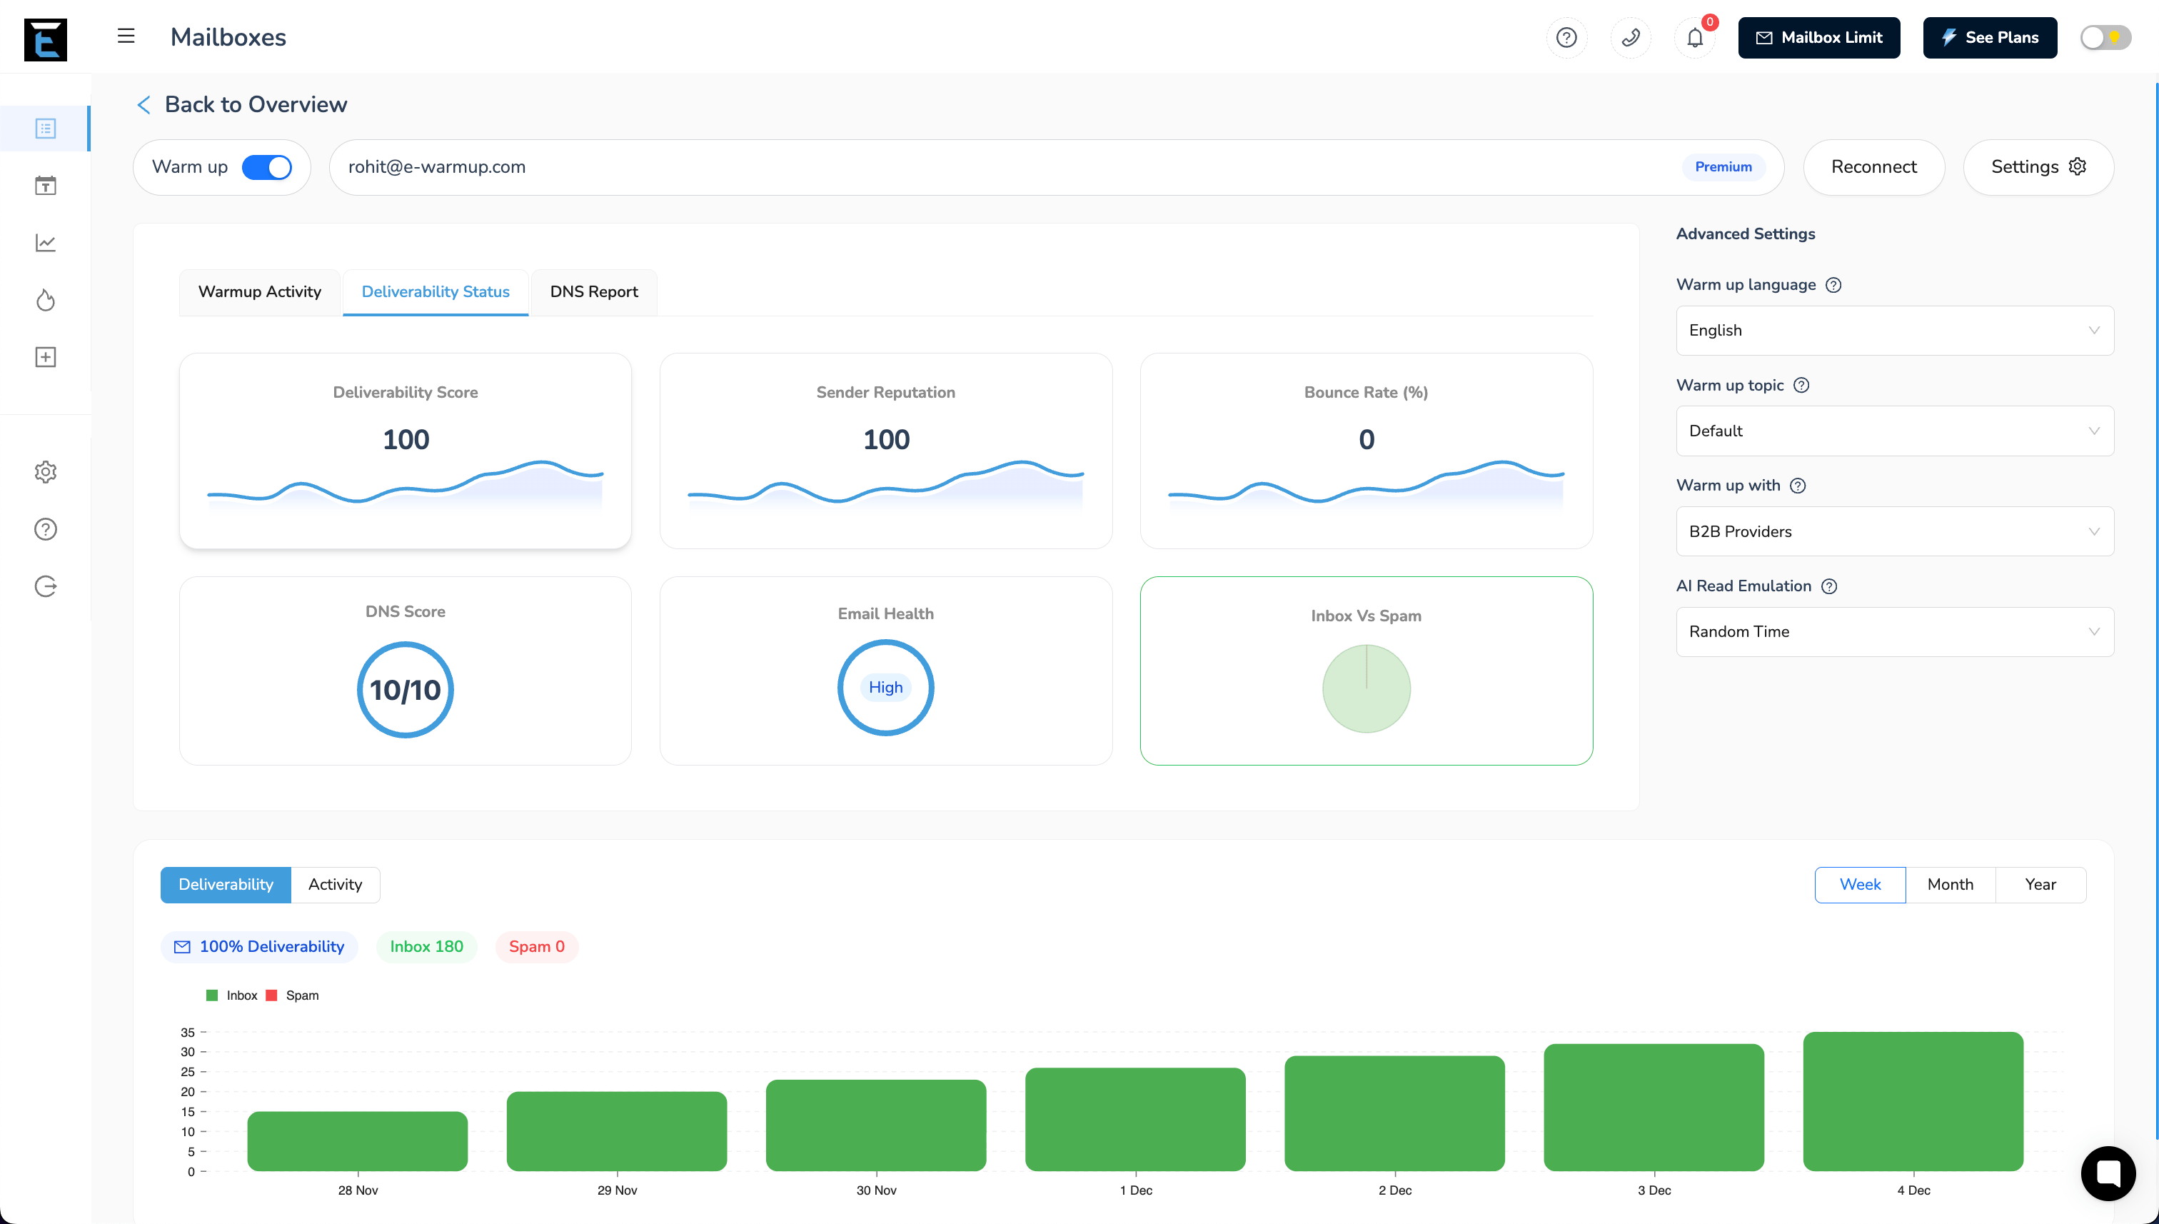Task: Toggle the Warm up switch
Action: [266, 167]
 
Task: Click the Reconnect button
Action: [1873, 167]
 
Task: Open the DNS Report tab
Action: [593, 291]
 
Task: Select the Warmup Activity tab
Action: [259, 291]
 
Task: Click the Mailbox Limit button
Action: [1818, 38]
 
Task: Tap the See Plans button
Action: [1989, 38]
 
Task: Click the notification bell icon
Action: [1694, 38]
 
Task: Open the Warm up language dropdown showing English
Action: [1893, 331]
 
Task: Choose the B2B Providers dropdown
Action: [1893, 531]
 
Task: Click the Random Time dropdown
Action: [1893, 631]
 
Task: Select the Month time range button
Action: [1950, 884]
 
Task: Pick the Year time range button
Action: [2040, 884]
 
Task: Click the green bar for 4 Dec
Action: [1912, 1101]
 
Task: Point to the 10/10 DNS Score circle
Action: [405, 689]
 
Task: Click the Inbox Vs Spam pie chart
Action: [1366, 688]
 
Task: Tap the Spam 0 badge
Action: [536, 947]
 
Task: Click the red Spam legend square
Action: [271, 995]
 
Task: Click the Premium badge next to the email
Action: [1723, 167]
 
